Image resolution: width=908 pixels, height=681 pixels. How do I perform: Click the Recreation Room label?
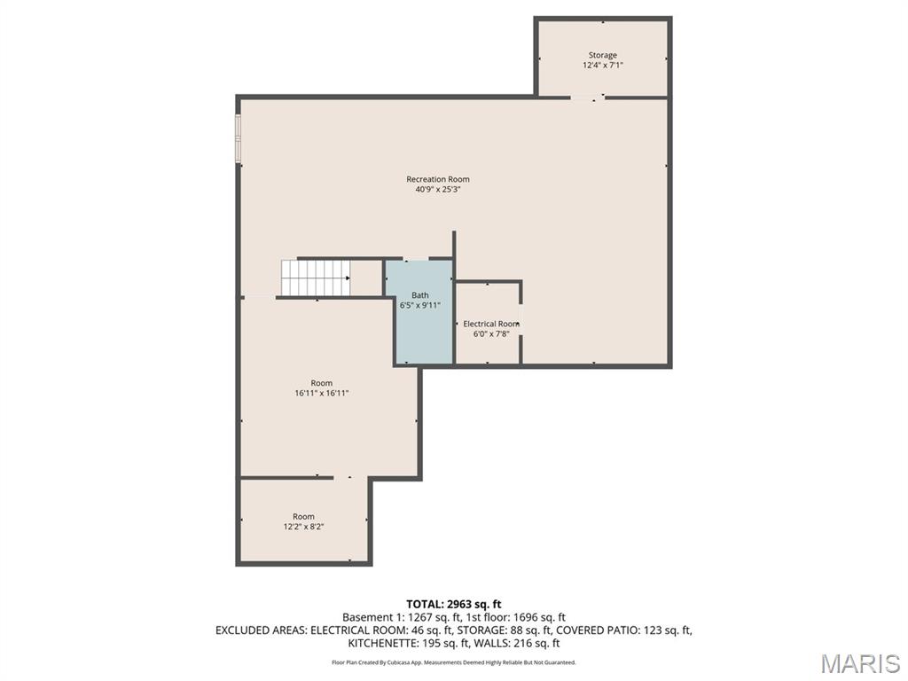point(438,179)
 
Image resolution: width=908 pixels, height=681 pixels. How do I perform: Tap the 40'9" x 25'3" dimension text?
point(438,190)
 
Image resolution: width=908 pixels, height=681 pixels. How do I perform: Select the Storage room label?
point(603,56)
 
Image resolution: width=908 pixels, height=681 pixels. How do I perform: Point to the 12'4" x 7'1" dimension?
point(603,66)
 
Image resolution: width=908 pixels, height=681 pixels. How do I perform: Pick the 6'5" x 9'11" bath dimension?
point(420,305)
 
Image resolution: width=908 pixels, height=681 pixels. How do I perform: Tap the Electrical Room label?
point(491,324)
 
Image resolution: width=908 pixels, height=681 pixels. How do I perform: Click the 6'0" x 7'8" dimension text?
point(491,333)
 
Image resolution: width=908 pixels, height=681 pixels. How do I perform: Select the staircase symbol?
point(316,278)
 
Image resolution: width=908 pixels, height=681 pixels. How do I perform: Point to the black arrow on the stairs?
point(348,278)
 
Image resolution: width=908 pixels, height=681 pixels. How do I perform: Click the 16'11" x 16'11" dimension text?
point(321,393)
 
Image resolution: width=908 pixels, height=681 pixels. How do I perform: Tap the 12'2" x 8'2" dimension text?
point(303,527)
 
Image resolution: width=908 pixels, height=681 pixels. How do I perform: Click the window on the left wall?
point(238,138)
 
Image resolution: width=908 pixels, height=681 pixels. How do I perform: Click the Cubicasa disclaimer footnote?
point(453,661)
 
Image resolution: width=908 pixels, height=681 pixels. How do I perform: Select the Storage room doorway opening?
point(587,98)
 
